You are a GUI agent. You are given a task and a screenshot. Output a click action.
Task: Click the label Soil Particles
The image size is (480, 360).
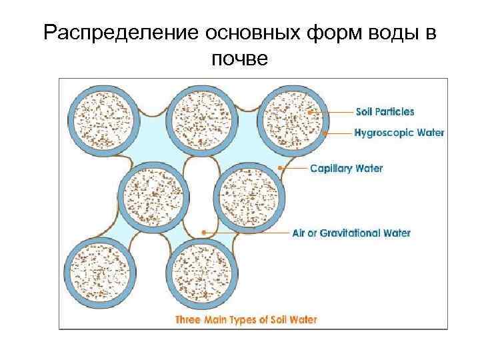tap(385, 111)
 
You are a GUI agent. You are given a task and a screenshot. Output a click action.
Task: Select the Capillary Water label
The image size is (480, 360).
tap(347, 168)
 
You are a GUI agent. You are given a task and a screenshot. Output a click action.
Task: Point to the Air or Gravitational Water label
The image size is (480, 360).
tap(351, 233)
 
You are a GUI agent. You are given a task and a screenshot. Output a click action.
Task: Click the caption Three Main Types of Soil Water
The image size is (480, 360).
tap(246, 319)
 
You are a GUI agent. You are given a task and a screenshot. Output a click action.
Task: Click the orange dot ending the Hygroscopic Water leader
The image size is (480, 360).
tap(325, 133)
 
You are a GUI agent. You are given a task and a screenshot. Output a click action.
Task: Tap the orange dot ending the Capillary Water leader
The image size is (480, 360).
tap(281, 168)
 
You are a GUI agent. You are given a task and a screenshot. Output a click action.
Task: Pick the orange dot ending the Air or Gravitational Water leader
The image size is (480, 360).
tap(203, 233)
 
